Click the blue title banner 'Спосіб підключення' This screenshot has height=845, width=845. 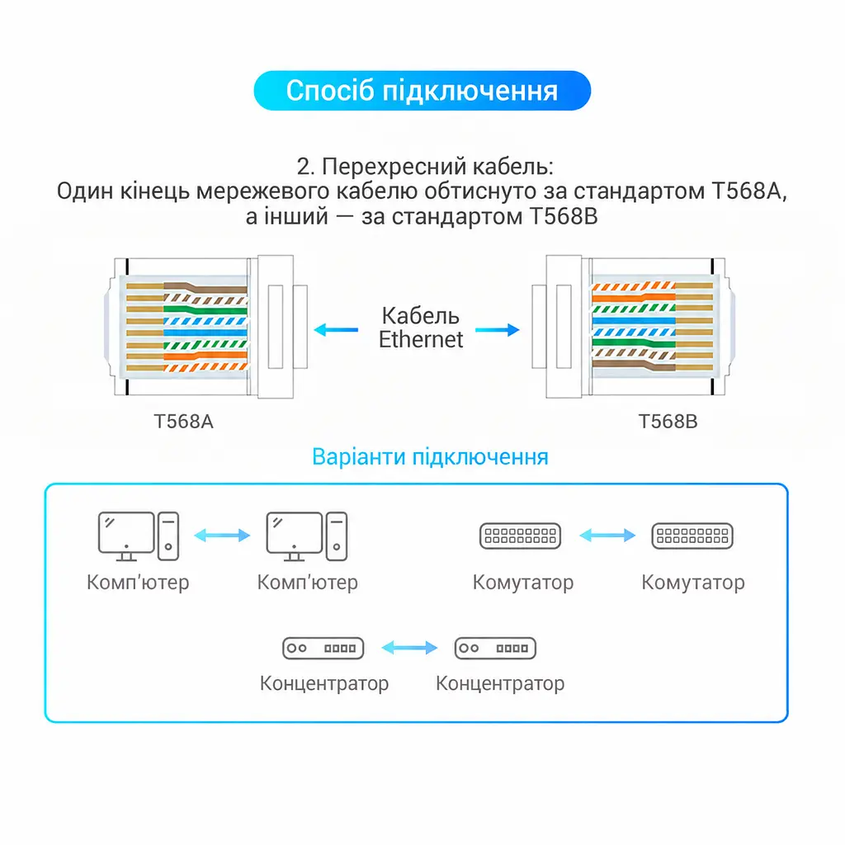(422, 91)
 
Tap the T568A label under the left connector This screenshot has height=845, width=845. (183, 422)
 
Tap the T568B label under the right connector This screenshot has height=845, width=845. (668, 422)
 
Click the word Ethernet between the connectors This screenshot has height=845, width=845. (421, 339)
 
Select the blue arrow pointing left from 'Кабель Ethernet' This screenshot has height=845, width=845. (336, 330)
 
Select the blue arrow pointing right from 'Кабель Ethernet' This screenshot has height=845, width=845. (498, 330)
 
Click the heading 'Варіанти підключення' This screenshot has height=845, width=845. (430, 457)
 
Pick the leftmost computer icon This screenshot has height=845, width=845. (139, 536)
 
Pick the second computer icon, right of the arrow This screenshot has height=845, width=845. (307, 536)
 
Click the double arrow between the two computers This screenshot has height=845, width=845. (222, 535)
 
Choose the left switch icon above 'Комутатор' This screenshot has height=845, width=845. (521, 536)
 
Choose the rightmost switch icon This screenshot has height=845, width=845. (692, 536)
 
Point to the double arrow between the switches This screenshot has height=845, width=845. (607, 535)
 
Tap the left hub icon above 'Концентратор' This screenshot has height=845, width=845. (323, 649)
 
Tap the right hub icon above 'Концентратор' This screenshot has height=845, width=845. (495, 649)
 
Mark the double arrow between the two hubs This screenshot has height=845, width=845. (409, 648)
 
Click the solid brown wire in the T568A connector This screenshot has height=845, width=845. (205, 288)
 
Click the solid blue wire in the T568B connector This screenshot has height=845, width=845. (634, 321)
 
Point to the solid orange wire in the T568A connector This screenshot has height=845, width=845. (205, 356)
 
